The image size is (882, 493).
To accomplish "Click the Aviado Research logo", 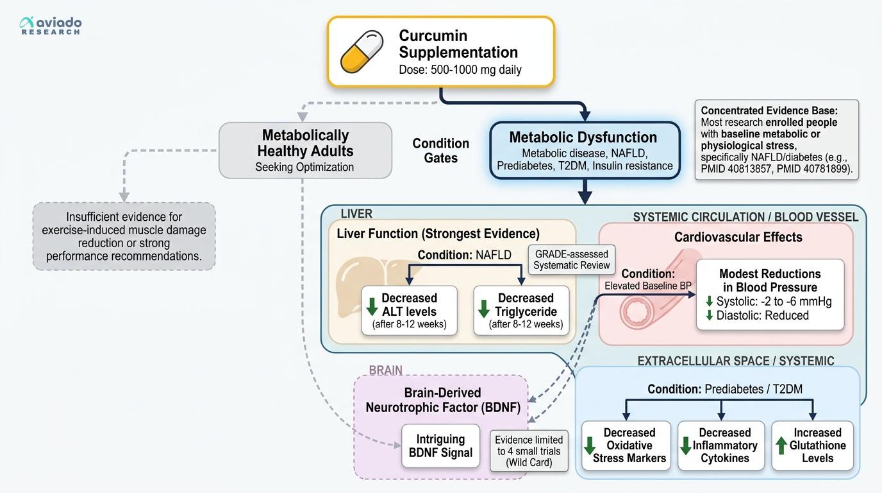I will (51, 26).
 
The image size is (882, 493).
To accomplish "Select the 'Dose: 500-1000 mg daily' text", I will (460, 69).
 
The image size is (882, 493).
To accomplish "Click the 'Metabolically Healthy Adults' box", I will (305, 150).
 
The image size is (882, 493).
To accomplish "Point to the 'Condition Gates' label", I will (440, 150).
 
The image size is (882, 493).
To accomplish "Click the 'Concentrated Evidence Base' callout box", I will (776, 139).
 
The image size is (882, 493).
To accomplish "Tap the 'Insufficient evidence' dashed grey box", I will (124, 236).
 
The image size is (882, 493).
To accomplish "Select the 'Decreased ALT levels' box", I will (409, 311).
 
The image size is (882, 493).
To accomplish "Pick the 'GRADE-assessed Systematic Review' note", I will (571, 259).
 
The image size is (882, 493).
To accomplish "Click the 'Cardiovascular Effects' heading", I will (738, 237).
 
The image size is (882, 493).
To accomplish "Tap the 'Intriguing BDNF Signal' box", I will (440, 445).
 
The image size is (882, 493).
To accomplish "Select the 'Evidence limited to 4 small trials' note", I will (529, 451).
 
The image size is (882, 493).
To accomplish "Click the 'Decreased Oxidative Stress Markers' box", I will (626, 445).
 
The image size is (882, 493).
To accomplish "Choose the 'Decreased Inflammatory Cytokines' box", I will (721, 445).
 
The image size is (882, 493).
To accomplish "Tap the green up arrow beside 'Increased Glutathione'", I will (781, 445).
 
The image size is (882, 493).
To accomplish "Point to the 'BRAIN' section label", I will (386, 370).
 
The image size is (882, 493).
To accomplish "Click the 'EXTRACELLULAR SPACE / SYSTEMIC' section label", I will (735, 361).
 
